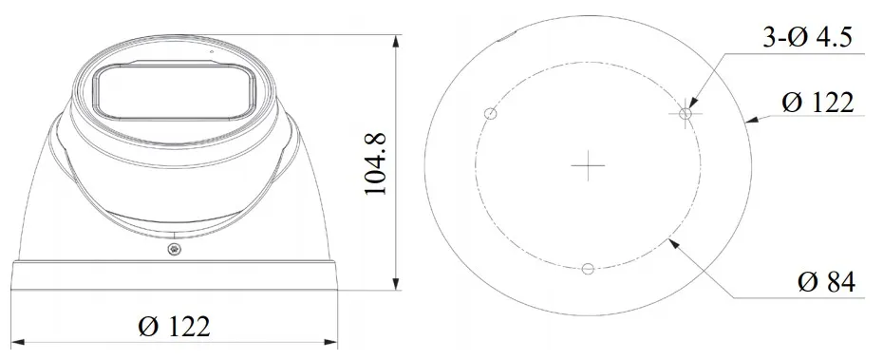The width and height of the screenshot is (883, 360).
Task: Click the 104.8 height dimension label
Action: [376, 164]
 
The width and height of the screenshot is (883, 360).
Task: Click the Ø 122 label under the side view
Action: [174, 327]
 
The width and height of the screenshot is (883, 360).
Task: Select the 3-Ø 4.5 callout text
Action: [807, 37]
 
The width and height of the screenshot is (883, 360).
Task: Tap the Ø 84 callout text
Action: [826, 282]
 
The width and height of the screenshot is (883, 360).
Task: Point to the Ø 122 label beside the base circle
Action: [817, 103]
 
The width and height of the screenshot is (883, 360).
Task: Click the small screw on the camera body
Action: [174, 248]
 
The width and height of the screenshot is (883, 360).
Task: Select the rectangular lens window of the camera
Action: [174, 91]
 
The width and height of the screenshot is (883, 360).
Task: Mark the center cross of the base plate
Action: [588, 165]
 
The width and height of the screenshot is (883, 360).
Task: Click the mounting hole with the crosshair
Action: [686, 114]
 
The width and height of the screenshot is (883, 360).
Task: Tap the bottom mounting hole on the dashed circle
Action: [588, 269]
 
